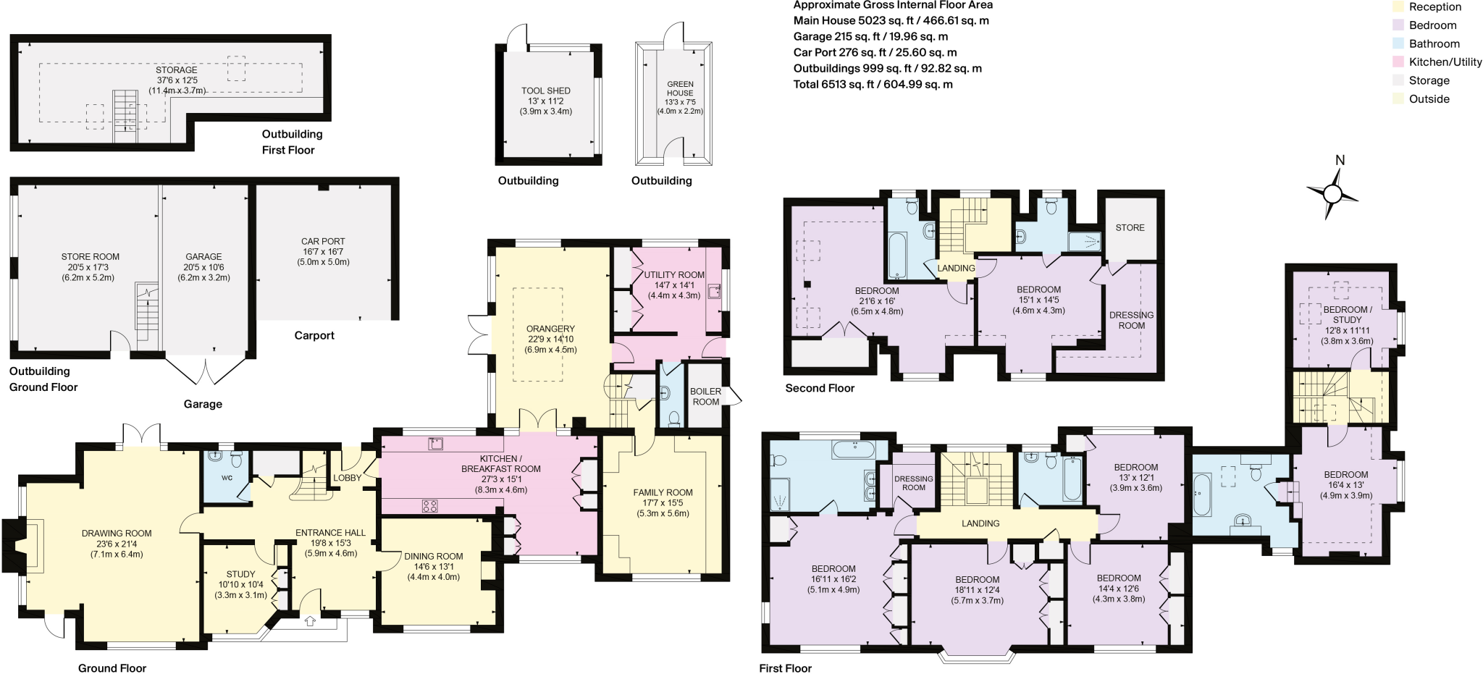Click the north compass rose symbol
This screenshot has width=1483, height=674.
coord(1332,193)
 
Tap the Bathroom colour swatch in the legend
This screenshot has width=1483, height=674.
coord(1398,43)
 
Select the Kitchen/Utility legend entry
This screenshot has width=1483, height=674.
coord(1437,62)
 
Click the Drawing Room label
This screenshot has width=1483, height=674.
coord(117,534)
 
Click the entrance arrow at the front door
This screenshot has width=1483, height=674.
coord(311,620)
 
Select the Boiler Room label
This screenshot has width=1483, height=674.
coord(705,397)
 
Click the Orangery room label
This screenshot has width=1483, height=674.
coord(550,329)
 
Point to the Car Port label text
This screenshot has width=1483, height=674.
coord(323,241)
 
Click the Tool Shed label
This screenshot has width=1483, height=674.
coord(546,90)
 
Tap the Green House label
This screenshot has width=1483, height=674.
coord(680,88)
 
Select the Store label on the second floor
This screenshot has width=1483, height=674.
coord(1130,227)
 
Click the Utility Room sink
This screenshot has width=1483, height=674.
coord(715,291)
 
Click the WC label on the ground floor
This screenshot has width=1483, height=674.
coord(227,478)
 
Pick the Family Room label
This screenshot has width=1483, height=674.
coord(663,492)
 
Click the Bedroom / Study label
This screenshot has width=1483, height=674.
coord(1347,314)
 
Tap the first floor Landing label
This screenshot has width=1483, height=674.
coord(980,523)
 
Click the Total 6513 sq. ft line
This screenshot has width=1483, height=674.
coord(873,85)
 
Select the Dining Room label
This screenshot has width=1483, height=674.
coord(434,557)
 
